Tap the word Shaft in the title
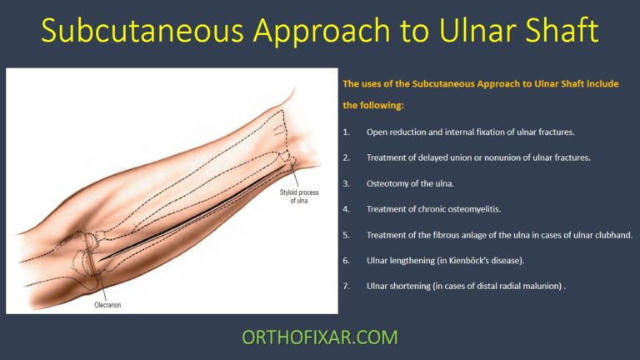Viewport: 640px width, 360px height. click(556, 31)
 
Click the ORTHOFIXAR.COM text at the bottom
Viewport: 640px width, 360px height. click(319, 337)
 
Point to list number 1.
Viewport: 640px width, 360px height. click(347, 132)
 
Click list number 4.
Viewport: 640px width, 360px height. click(347, 208)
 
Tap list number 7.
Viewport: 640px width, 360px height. click(347, 286)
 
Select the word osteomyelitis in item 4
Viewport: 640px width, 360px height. click(482, 208)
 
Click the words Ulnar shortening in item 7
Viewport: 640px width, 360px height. click(396, 286)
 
